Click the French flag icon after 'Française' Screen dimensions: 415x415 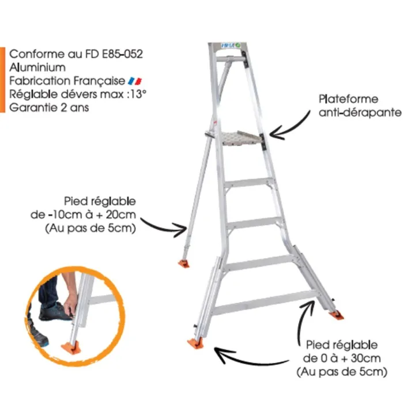(135, 81)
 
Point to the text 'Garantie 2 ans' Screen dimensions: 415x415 (49, 107)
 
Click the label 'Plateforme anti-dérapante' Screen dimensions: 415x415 (360, 106)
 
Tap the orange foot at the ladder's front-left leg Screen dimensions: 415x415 (196, 343)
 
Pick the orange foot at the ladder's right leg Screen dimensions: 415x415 (335, 315)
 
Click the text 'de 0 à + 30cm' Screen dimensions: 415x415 (341, 359)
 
